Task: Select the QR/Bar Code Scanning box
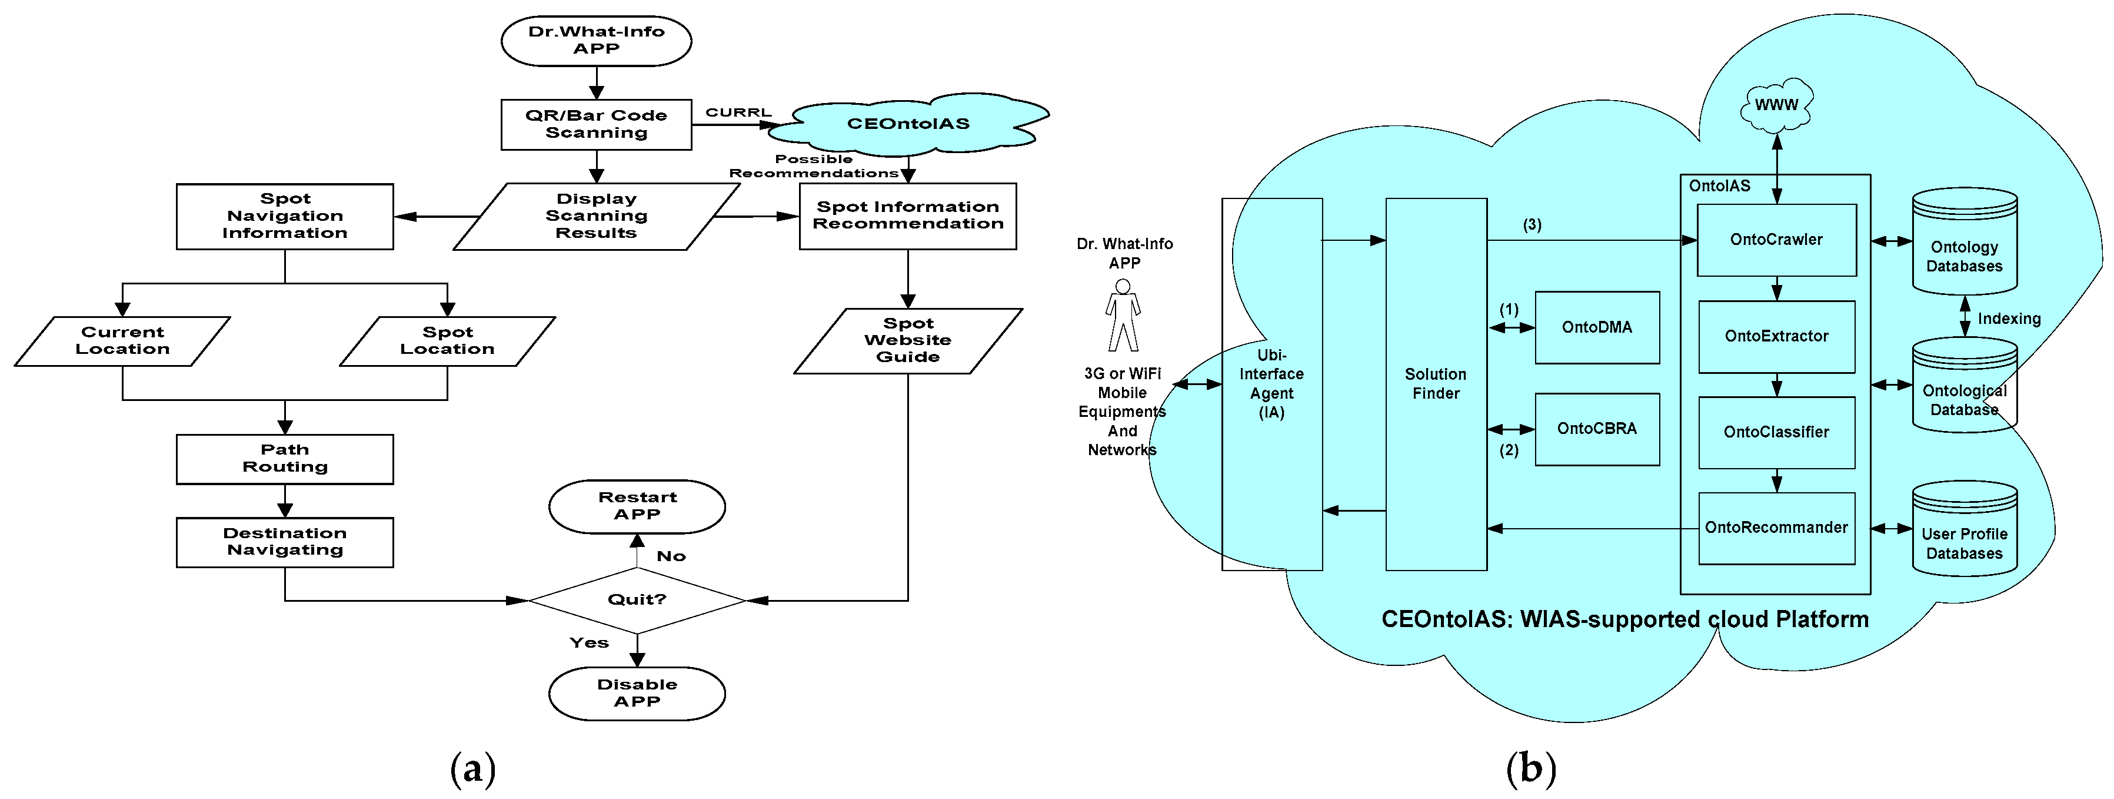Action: [596, 125]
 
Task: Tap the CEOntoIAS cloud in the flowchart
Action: [908, 124]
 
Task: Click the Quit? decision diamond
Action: [637, 600]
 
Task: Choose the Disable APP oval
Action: [637, 694]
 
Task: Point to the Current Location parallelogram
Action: [122, 341]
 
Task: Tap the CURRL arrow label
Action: [738, 112]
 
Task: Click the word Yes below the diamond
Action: [589, 643]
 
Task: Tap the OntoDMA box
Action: [1597, 327]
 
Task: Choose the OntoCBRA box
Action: [1597, 429]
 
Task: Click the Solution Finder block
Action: [1436, 384]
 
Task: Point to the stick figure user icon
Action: [1123, 316]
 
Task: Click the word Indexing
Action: [2009, 319]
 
